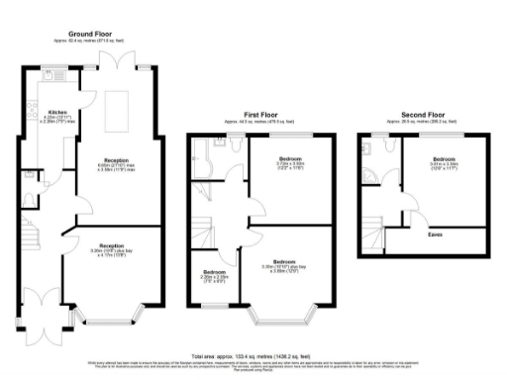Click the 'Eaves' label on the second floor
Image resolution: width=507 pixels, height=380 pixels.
click(x=434, y=235)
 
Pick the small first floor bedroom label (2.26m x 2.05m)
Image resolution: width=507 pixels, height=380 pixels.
click(x=215, y=272)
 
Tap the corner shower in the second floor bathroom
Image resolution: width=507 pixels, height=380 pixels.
click(x=368, y=149)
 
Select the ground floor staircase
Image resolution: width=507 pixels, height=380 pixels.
click(x=33, y=237)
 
